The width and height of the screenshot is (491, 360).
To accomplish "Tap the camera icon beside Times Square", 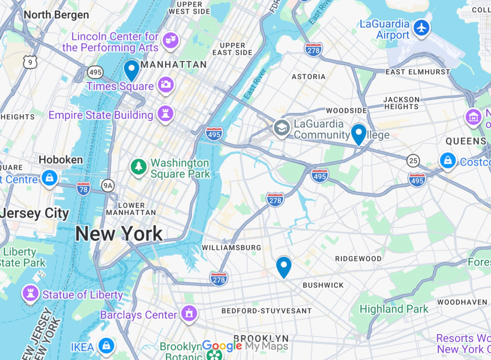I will [166, 85].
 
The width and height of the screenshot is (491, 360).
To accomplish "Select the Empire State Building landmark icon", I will [166, 113].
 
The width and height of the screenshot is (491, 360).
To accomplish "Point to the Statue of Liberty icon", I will [30, 294].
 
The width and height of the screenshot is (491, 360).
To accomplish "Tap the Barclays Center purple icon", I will [189, 314].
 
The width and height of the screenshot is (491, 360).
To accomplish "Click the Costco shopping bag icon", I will [448, 160].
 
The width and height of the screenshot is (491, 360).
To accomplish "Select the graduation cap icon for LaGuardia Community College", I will [282, 127].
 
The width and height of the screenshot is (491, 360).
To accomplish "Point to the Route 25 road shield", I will [413, 161].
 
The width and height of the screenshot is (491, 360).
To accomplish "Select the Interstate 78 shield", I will [83, 188].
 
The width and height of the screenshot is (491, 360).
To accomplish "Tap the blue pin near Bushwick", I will [284, 266].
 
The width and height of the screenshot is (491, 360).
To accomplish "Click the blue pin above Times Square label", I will [132, 70].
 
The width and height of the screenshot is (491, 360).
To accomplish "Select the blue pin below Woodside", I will [359, 134].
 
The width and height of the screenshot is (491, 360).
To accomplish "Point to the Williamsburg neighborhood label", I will [231, 248].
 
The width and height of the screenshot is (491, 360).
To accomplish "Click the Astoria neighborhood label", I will [309, 77].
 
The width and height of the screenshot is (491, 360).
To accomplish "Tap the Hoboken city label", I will [61, 159].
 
